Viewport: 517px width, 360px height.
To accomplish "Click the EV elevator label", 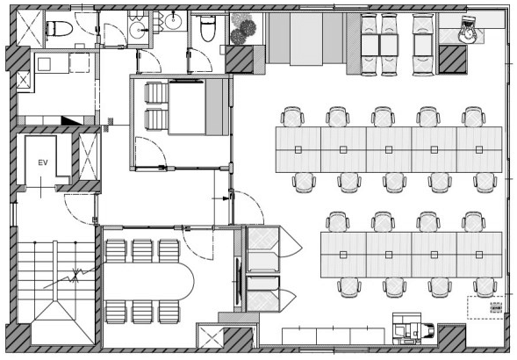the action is tap(43, 162).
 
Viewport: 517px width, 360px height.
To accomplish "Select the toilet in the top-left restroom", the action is tap(59, 29).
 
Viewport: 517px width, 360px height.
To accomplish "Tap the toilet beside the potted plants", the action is tap(208, 28).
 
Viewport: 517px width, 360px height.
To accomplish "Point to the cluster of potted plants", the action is tap(244, 29).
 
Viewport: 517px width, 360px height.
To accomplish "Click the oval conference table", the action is tap(148, 282).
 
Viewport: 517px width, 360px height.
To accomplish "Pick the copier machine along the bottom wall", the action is tap(413, 328).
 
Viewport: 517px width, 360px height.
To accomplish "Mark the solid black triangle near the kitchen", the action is tap(71, 120).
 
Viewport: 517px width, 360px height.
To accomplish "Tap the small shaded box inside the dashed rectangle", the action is tap(496, 307).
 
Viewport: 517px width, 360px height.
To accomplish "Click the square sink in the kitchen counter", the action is tap(44, 65).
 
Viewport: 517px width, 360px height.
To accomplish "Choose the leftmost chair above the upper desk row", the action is tap(292, 117).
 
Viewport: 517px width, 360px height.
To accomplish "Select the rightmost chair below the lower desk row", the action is tap(485, 287).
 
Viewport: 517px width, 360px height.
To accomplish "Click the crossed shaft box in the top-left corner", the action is tap(30, 28).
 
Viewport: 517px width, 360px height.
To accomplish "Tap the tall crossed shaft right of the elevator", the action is tap(88, 157).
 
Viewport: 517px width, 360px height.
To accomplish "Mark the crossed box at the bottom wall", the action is tap(212, 337).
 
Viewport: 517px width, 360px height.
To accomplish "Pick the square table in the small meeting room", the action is tap(187, 107).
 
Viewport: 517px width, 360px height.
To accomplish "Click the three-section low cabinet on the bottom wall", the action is tap(334, 336).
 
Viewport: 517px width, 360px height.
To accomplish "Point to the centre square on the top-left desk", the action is tap(298, 150).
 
